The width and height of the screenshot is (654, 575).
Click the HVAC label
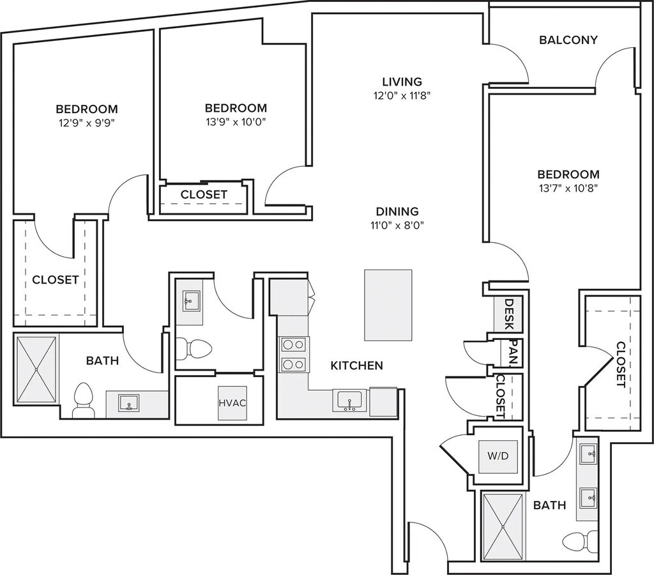[232, 403]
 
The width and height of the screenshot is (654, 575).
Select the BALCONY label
[568, 40]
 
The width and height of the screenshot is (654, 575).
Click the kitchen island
[388, 305]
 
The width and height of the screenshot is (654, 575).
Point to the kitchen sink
[350, 401]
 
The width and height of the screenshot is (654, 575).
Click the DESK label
[510, 314]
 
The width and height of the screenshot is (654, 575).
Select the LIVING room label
[402, 81]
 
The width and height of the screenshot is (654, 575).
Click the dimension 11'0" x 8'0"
[397, 224]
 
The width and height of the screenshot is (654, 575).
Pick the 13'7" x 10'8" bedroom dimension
[568, 188]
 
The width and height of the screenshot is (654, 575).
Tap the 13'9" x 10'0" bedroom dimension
[236, 122]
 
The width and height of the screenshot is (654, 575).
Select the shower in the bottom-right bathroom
[503, 526]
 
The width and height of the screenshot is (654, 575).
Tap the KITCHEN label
[356, 365]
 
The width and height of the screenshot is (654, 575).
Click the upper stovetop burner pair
[293, 344]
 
